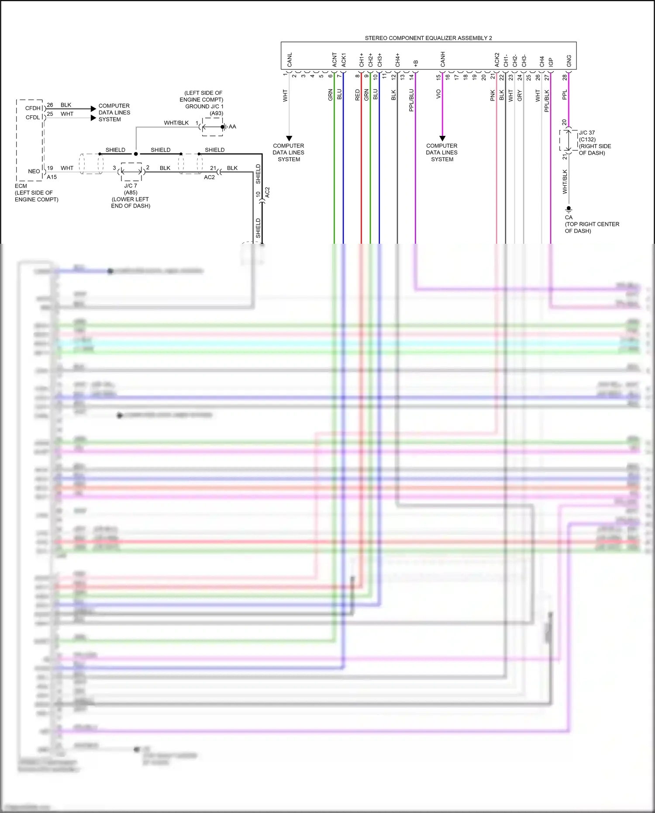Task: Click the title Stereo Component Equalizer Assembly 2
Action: [428, 38]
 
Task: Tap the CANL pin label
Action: [290, 60]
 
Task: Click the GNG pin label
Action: [569, 61]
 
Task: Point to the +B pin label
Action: [415, 63]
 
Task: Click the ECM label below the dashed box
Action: [21, 186]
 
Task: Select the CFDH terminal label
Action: [32, 108]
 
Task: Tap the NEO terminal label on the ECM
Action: [34, 171]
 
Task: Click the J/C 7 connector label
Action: [130, 186]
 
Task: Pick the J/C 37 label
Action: [586, 133]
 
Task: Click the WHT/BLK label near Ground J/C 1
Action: [176, 123]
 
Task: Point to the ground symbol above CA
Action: [569, 209]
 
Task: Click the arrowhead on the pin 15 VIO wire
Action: [442, 138]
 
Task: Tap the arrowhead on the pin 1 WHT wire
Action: [289, 138]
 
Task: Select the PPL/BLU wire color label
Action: [411, 100]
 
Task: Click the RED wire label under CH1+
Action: [357, 95]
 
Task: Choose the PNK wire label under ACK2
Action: [493, 96]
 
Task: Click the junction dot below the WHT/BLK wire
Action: [136, 154]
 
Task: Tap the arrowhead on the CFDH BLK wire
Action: [93, 108]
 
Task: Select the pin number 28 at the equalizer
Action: [565, 77]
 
